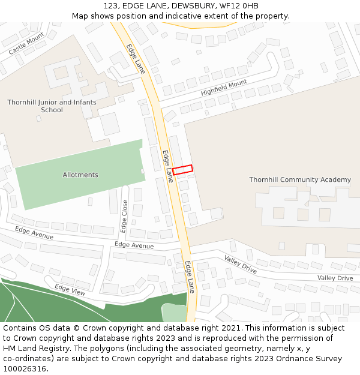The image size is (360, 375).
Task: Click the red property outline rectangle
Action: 182,169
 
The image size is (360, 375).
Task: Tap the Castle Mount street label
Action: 26,44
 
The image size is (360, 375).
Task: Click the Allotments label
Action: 80,175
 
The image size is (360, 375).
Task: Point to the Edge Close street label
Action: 124,216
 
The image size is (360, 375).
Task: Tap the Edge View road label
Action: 70,289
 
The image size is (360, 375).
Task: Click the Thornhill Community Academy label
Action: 300,180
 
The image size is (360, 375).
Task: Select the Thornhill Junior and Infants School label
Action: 52,106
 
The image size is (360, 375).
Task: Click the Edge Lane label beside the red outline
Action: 168,166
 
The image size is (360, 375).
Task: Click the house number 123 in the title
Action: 111,6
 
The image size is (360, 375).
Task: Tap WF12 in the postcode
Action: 225,6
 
